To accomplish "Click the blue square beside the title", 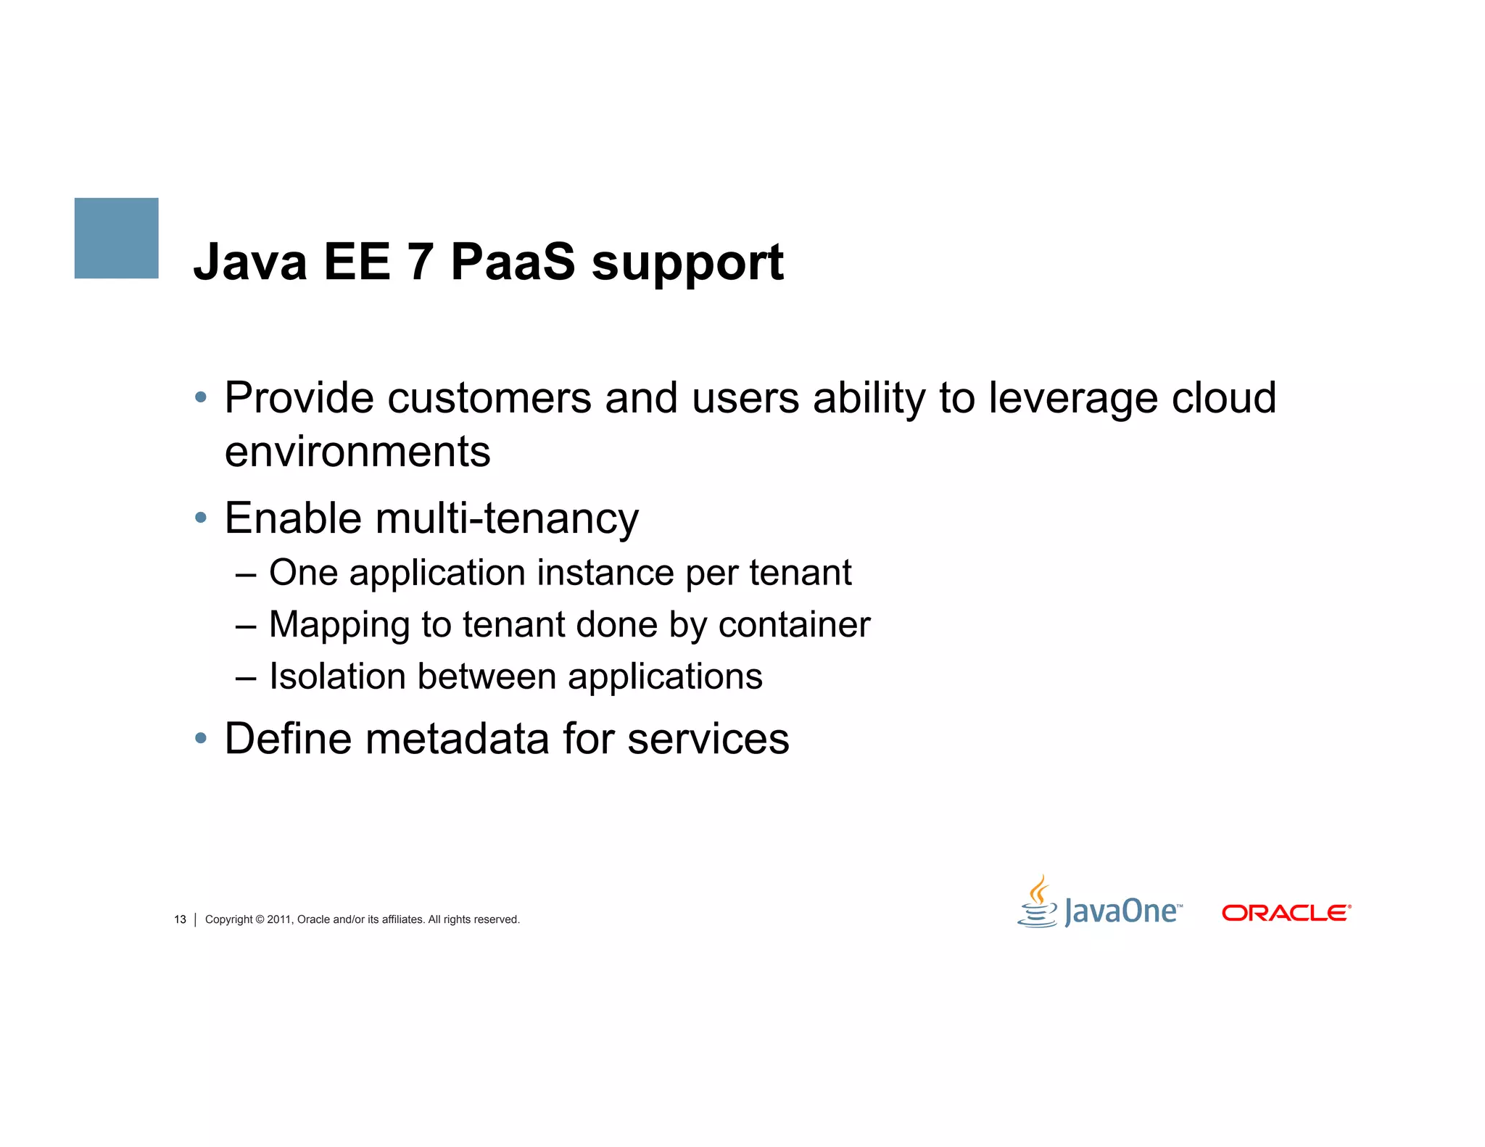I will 116,238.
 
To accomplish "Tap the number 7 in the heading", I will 421,262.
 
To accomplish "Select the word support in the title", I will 687,265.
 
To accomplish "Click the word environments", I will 357,452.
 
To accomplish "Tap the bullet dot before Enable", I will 201,518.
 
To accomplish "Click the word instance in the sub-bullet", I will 605,573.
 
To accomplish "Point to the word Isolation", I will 336,676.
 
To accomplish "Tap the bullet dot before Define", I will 201,739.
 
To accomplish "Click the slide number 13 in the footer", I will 180,919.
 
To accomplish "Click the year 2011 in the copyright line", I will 278,919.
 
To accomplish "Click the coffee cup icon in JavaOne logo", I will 1038,903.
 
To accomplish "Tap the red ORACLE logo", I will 1286,913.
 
